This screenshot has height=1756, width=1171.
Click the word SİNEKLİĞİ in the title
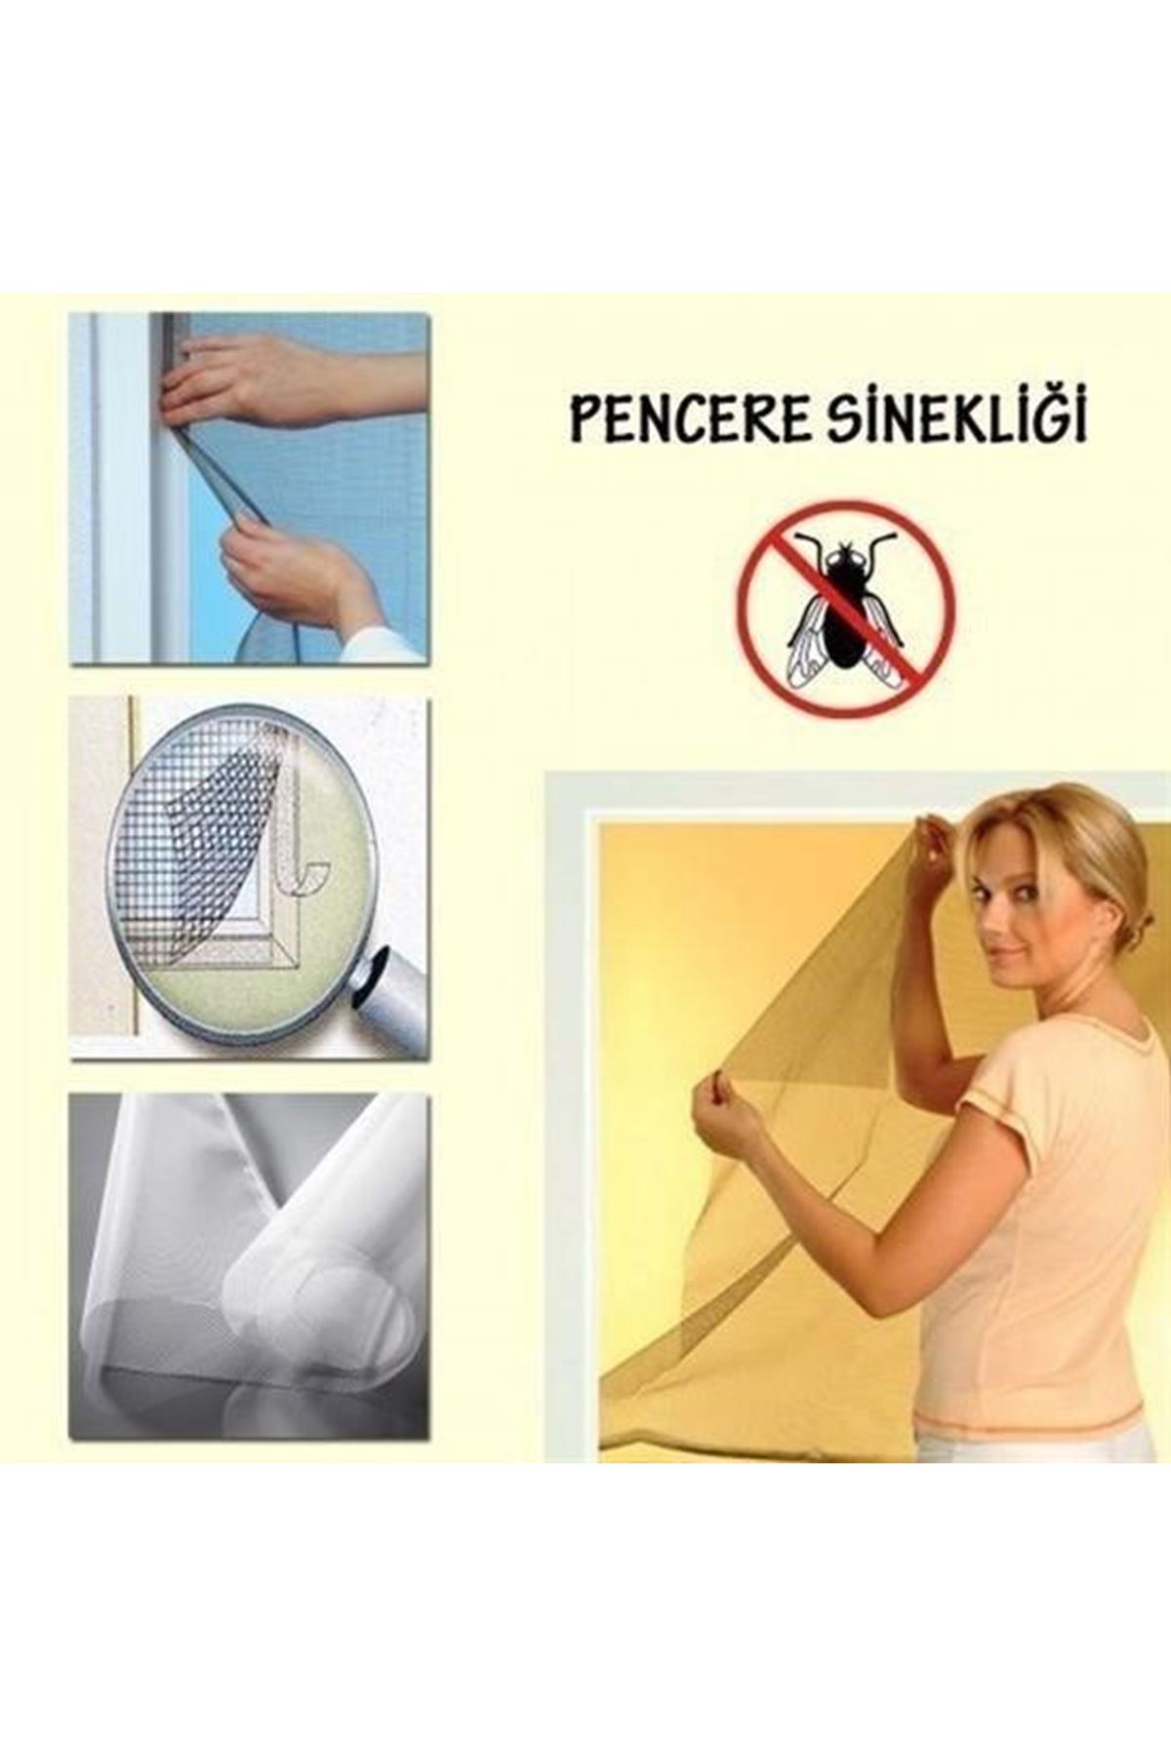(x=956, y=419)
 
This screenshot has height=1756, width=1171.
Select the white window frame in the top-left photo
(x=137, y=488)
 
